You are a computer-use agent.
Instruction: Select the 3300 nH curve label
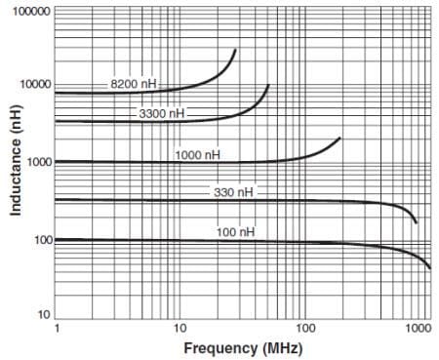161,114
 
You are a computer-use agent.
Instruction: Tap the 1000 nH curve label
198,154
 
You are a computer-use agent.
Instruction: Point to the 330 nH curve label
233,192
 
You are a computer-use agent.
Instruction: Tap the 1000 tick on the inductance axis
40,162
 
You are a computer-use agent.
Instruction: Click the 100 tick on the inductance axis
43,239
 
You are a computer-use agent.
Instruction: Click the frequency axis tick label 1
57,329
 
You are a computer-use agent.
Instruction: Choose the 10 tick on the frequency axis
180,329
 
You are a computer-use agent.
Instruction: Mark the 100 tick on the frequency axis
304,329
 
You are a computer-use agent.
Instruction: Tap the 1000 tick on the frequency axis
419,329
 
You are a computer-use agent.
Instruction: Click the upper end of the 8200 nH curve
235,50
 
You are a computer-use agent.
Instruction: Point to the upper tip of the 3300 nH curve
267,86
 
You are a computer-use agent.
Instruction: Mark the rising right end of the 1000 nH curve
339,139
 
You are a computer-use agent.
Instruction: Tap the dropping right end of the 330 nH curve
417,222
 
